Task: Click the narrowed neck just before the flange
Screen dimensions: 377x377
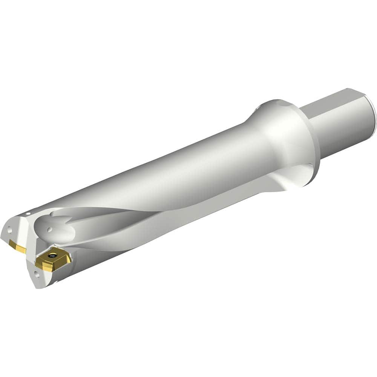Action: tap(256, 124)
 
